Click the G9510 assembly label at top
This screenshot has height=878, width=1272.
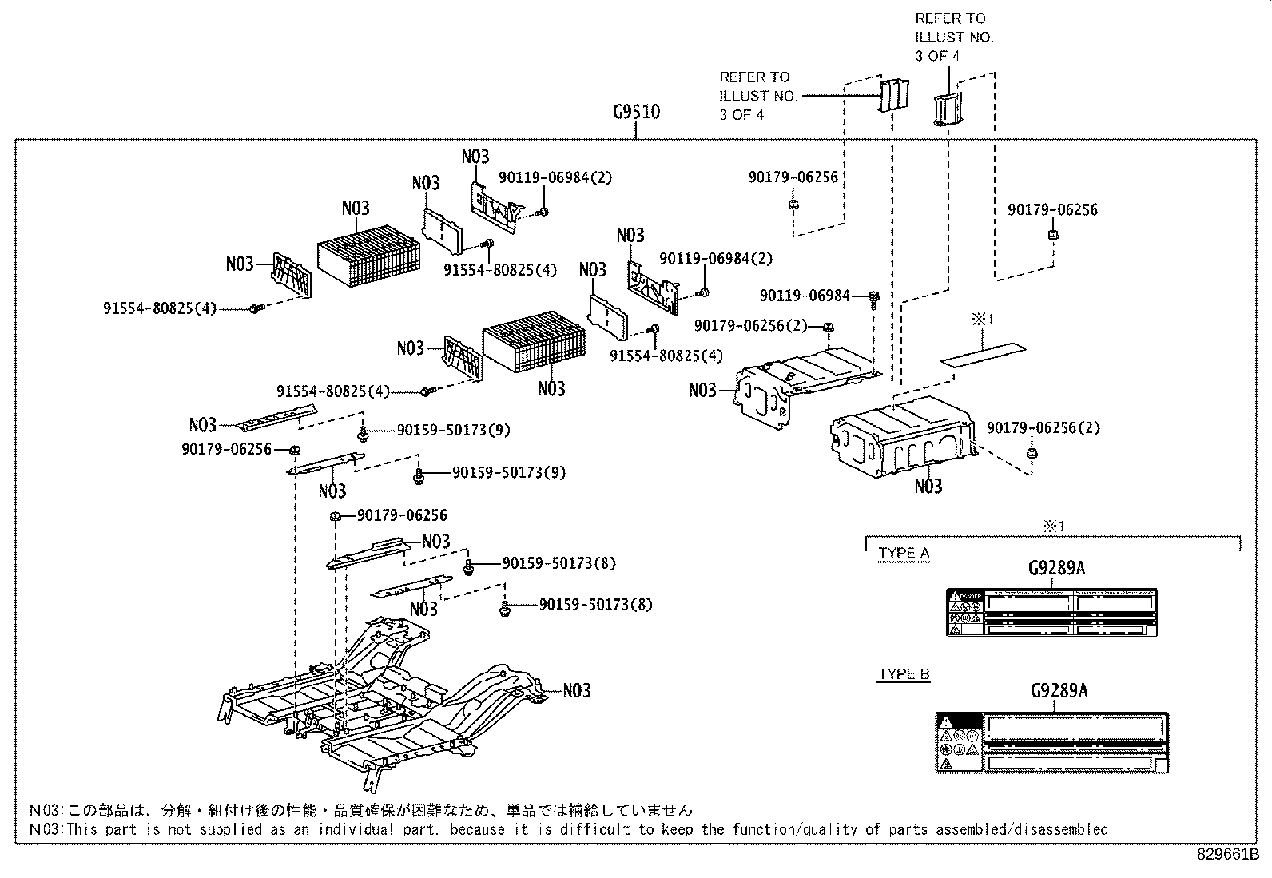[636, 112]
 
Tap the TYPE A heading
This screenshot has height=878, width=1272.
[904, 553]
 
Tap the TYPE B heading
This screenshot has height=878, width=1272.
[904, 674]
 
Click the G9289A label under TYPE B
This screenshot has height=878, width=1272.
[1058, 690]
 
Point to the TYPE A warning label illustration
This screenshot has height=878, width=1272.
[1051, 613]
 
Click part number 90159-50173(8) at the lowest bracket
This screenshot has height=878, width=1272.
[595, 605]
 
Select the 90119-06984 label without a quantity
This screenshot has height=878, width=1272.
[805, 296]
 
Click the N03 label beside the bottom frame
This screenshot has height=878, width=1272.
[577, 690]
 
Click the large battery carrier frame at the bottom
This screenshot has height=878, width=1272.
[384, 703]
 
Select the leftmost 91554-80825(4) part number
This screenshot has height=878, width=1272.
[160, 308]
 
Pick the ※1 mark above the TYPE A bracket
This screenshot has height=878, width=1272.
[1054, 526]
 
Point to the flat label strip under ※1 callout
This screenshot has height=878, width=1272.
[983, 352]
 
